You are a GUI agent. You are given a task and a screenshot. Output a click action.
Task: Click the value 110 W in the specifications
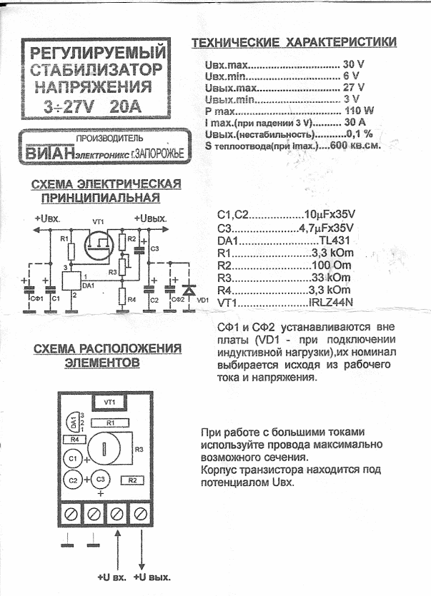tap(360, 111)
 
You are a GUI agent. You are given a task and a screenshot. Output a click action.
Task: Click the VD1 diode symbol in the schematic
tap(189, 291)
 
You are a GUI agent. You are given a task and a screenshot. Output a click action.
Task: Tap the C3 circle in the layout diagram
tap(101, 480)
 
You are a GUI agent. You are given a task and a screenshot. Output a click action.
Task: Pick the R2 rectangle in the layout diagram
tap(133, 480)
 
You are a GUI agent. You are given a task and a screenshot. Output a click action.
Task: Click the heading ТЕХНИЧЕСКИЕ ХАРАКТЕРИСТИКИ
tap(294, 44)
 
